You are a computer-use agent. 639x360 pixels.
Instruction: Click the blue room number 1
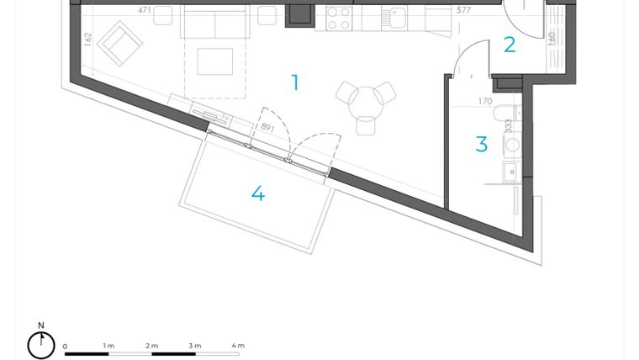pos(295,82)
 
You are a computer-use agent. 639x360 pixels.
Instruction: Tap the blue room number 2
pos(510,45)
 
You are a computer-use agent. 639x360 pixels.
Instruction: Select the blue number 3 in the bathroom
pos(482,145)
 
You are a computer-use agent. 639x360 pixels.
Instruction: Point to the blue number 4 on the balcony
pos(258,193)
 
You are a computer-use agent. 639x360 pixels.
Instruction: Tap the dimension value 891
pos(267,128)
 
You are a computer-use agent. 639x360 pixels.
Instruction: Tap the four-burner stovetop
pos(338,18)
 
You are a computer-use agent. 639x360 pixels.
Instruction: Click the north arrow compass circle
pos(40,344)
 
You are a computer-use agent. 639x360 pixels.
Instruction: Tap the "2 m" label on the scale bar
pos(151,346)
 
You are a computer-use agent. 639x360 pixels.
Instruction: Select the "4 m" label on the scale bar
pos(238,346)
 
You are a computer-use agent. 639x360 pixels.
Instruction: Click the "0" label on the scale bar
pos(66,346)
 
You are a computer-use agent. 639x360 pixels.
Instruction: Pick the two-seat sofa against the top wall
pos(214,24)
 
